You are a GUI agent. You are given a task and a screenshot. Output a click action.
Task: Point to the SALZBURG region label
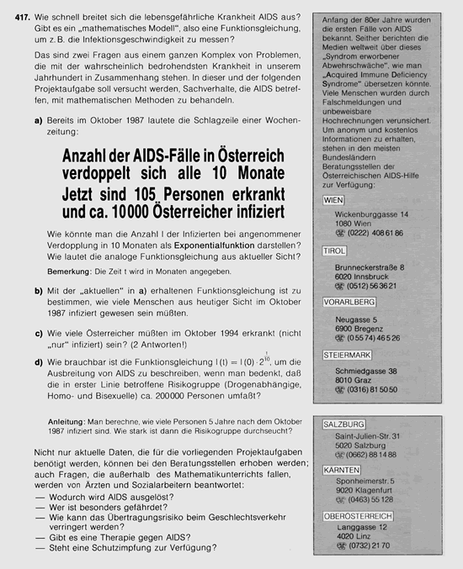(x=344, y=424)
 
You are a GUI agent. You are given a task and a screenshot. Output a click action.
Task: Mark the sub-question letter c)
(x=40, y=333)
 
